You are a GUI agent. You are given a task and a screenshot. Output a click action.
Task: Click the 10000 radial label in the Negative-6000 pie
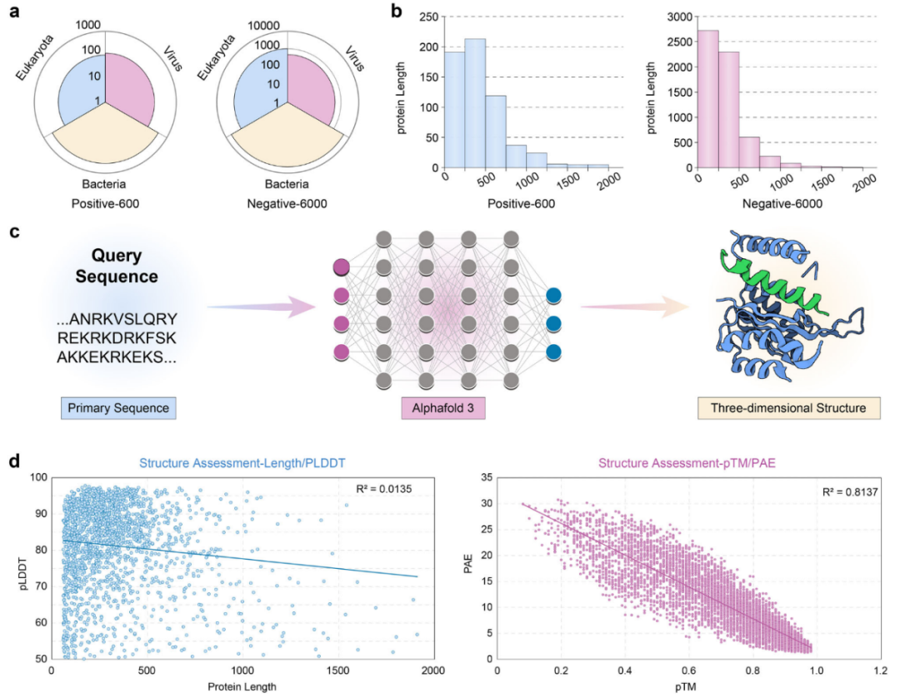pyautogui.click(x=267, y=26)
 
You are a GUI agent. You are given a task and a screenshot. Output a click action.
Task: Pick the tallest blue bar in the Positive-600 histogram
pyautogui.click(x=475, y=103)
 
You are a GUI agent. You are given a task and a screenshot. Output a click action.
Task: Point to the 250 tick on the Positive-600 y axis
pyautogui.click(x=427, y=17)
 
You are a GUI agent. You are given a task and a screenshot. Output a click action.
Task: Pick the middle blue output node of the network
pyautogui.click(x=553, y=323)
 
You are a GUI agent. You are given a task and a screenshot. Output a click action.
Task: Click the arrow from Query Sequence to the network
pyautogui.click(x=250, y=309)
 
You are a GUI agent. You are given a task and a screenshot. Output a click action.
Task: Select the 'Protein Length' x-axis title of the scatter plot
pyautogui.click(x=241, y=686)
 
